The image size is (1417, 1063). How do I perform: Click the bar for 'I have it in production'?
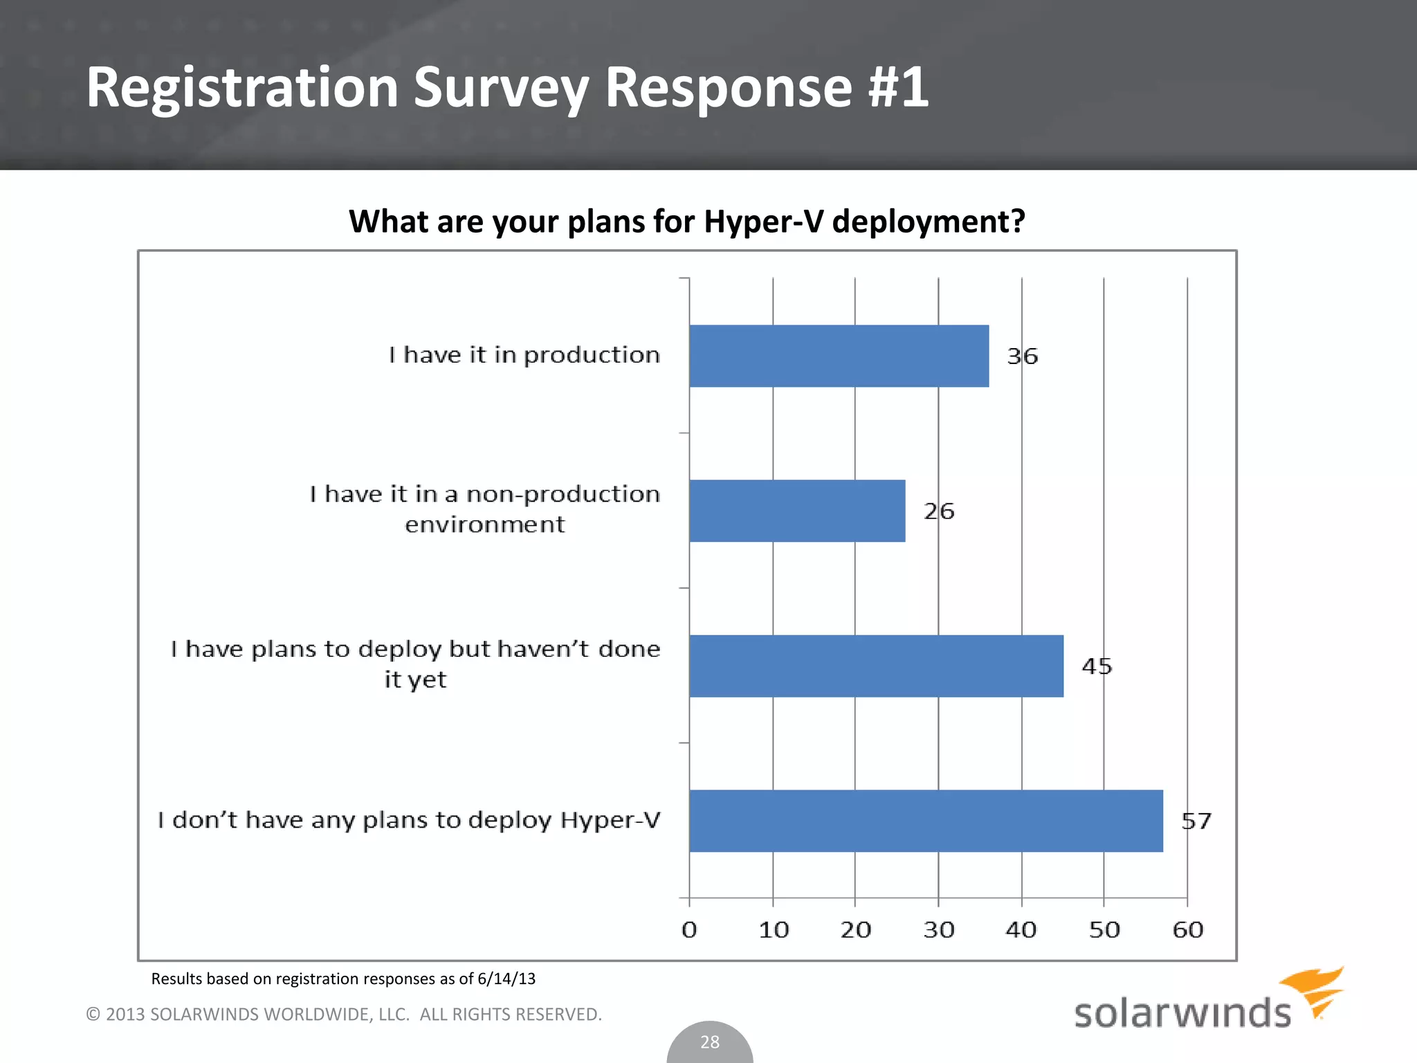point(839,356)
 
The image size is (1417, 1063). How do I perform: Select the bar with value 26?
point(797,511)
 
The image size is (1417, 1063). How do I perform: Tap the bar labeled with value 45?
point(876,666)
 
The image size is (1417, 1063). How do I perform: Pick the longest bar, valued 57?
point(926,821)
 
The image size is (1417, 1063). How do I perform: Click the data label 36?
point(1023,356)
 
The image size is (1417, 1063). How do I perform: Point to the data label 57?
point(1196,821)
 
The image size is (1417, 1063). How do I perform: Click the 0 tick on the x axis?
point(689,929)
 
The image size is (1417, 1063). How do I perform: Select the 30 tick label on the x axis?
point(939,929)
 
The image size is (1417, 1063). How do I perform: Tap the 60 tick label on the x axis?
point(1188,929)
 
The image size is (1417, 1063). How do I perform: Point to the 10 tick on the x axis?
point(774,929)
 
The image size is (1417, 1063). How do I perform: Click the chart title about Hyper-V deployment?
point(686,221)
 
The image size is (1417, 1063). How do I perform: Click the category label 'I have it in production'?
point(524,355)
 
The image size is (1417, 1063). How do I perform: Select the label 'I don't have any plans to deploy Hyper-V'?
point(408,820)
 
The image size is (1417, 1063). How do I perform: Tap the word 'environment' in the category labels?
point(484,525)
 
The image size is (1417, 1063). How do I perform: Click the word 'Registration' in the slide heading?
point(242,87)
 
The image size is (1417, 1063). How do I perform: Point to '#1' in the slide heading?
point(898,87)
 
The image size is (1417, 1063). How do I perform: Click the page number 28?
point(710,1042)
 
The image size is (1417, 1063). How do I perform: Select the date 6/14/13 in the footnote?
point(506,979)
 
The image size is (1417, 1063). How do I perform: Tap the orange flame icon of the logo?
point(1315,990)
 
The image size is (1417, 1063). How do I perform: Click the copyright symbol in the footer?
point(93,1015)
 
